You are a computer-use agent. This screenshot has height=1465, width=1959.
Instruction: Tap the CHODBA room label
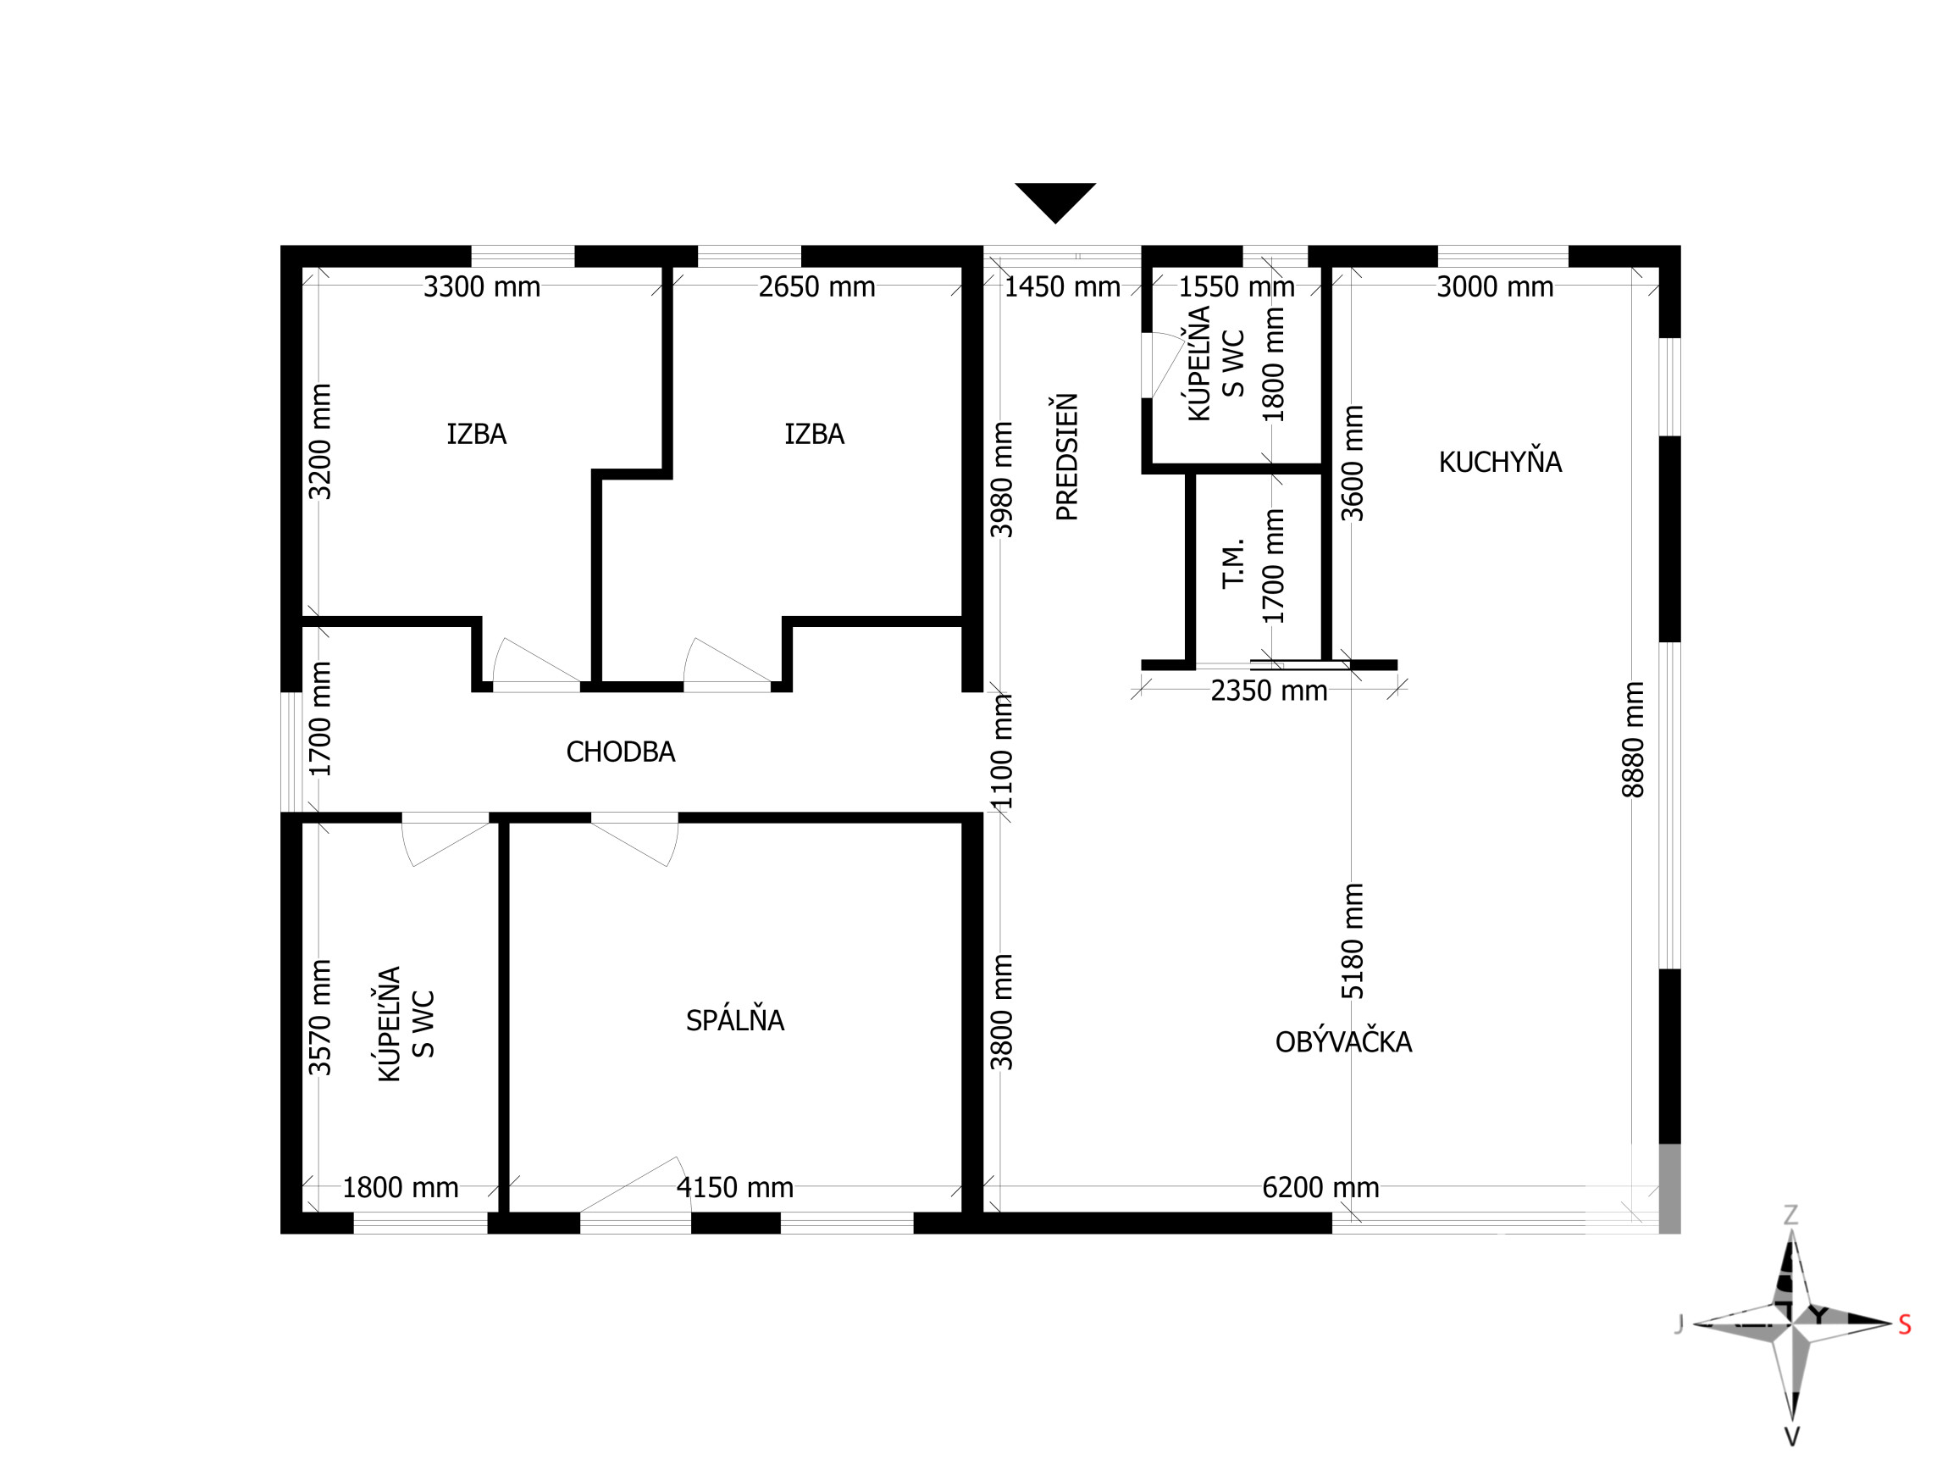620,752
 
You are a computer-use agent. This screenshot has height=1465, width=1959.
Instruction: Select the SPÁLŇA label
735,1019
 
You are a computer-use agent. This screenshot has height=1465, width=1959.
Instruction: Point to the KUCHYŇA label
1499,462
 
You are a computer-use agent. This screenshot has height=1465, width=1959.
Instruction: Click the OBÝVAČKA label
1343,1040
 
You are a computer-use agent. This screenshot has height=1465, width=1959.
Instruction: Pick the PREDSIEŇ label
1067,457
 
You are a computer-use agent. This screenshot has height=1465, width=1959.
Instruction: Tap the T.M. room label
1234,563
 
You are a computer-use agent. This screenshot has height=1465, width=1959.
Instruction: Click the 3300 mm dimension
482,287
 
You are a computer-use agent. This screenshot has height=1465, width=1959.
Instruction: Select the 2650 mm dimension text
816,287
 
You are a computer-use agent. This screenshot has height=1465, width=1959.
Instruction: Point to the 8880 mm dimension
1632,740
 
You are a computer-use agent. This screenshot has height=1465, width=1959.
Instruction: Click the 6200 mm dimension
1320,1188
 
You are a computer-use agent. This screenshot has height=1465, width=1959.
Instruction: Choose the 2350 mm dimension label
1269,691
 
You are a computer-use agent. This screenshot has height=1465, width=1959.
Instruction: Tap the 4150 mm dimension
735,1188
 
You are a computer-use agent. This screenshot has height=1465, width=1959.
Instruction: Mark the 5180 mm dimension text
1353,941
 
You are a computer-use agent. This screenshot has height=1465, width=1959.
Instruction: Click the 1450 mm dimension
1062,287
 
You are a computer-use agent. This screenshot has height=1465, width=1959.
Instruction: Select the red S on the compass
1905,1325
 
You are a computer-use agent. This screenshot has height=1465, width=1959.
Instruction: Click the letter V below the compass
1790,1437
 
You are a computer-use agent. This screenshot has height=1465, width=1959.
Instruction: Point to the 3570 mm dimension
319,1018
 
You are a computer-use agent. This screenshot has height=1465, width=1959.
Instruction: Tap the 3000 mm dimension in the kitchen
1495,287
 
